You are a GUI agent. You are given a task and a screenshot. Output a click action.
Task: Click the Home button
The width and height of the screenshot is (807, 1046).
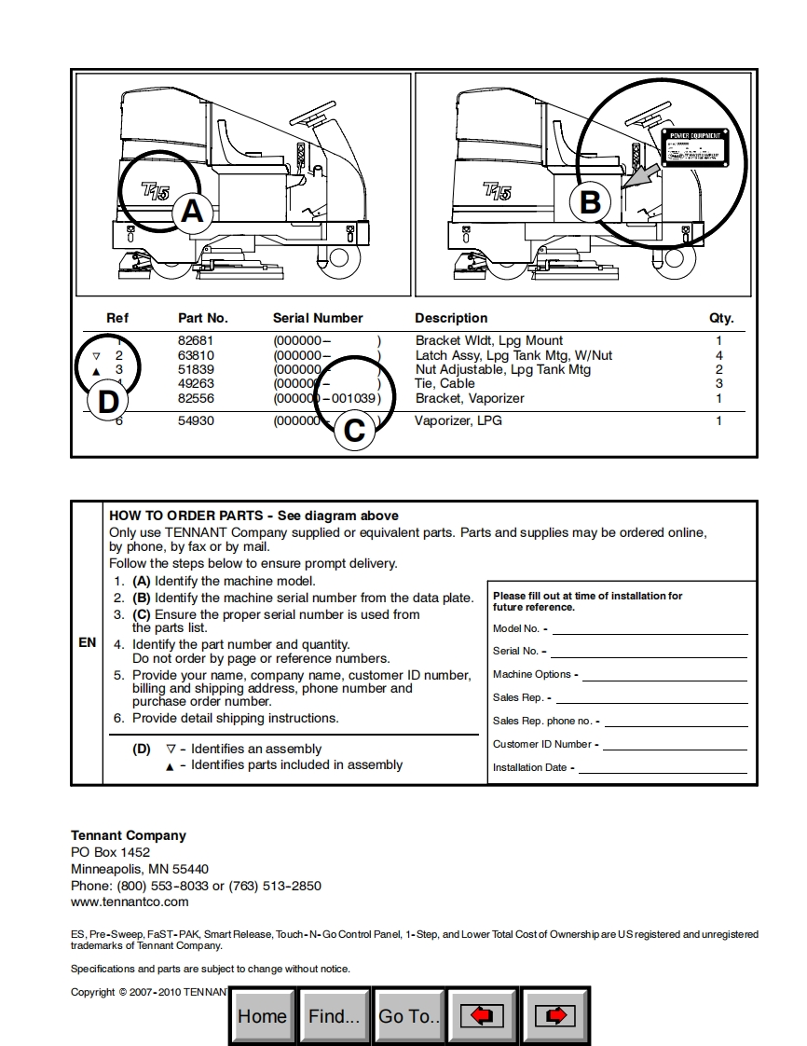pos(262,1015)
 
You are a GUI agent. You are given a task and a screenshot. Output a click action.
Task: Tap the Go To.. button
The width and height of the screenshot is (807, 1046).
pos(409,1015)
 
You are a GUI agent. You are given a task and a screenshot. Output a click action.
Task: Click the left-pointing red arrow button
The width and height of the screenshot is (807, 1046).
pos(482,1015)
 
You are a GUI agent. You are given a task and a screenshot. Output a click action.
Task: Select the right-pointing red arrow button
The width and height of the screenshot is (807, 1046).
pos(554,1015)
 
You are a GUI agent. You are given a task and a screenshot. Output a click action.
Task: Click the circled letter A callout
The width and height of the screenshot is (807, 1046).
pos(191,212)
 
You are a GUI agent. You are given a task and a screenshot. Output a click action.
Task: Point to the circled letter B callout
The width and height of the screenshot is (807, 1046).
pos(591,202)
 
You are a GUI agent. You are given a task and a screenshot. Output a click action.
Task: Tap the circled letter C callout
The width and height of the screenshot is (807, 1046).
pos(355,431)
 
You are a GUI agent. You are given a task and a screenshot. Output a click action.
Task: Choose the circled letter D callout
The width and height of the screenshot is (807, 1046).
pos(109,403)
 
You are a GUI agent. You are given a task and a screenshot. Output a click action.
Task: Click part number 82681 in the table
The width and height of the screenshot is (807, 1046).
pos(196,341)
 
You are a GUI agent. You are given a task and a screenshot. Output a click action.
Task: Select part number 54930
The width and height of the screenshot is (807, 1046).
pos(196,421)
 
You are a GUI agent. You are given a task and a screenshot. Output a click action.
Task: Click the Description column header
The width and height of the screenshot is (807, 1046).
pos(451,318)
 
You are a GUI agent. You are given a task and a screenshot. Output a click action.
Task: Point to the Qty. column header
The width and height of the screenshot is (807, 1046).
pos(721,318)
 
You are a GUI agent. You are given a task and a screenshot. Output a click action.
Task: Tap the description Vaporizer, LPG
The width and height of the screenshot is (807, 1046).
pos(458,421)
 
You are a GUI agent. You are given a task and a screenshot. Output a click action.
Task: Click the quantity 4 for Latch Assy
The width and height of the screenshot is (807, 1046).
pos(718,355)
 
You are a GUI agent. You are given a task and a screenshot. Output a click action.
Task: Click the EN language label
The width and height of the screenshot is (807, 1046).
pos(88,642)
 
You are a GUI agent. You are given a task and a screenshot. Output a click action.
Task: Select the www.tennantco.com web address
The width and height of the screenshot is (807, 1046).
pos(130,901)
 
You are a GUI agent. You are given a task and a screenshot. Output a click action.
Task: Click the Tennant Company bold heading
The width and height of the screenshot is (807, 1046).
pos(129,835)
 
